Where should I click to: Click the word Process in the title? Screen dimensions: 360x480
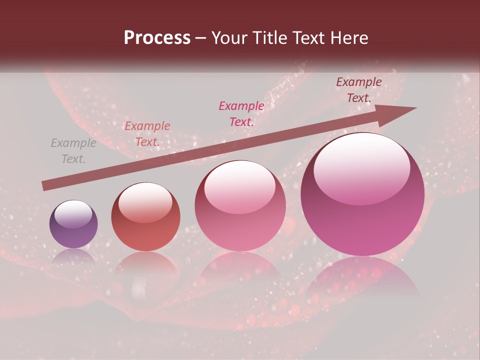tap(157, 38)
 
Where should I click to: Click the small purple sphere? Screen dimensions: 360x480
tap(73, 224)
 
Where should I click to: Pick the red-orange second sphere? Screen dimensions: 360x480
tap(145, 217)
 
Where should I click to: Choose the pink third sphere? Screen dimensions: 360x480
tap(240, 206)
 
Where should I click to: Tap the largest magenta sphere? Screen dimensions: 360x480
tap(362, 194)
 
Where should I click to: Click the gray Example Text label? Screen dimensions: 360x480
tap(73, 151)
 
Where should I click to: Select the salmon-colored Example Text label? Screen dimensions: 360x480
tap(147, 134)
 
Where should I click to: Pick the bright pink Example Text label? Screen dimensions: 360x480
tap(241, 113)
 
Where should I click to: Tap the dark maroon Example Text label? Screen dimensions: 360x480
tap(359, 90)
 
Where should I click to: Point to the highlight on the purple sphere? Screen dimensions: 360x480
tap(73, 212)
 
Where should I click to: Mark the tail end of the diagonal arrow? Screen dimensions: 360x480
tap(45, 186)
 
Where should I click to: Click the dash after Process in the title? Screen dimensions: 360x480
tap(201, 38)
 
